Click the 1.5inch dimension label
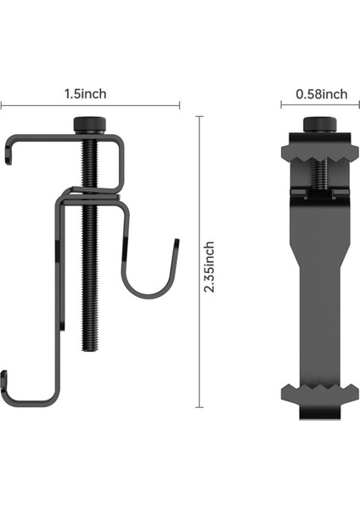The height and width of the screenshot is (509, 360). pos(85,94)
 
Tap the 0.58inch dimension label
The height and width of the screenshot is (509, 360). pos(321,94)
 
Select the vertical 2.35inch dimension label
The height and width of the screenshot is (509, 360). pos(209,267)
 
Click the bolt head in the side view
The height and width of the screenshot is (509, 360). pos(89,125)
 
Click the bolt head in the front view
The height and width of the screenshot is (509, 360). pos(320,125)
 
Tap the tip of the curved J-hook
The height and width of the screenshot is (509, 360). pos(177,241)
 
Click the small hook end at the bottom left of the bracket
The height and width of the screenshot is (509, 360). pos(4,378)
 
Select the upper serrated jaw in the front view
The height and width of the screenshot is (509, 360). pos(320,153)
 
